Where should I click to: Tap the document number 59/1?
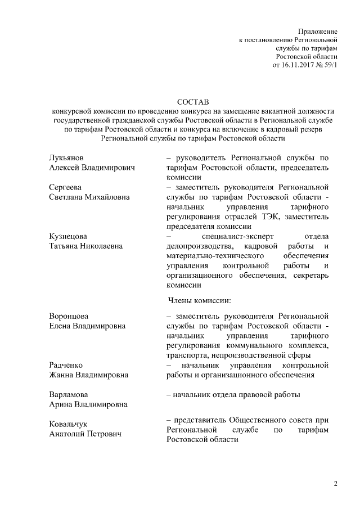click(329, 65)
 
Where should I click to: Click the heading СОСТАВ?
click(192, 102)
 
